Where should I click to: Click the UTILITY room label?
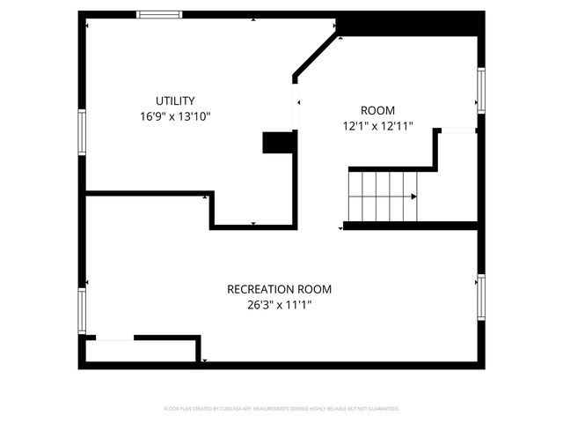tap(175, 100)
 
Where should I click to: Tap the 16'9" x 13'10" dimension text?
tap(175, 115)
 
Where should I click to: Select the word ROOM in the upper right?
tap(378, 110)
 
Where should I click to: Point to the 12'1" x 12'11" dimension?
tap(378, 126)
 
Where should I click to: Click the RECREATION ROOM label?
tap(280, 289)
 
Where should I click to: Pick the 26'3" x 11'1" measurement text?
tap(280, 305)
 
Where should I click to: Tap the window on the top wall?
tap(160, 14)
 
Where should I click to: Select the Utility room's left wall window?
tap(83, 132)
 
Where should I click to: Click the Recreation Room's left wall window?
tap(83, 312)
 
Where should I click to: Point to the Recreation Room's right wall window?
tap(481, 296)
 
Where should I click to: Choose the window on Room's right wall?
tap(481, 90)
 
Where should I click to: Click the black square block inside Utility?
tap(277, 143)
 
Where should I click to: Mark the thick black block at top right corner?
tap(409, 24)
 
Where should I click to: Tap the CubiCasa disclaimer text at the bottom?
tap(281, 409)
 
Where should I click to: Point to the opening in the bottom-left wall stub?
tap(113, 338)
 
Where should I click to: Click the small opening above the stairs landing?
tap(456, 131)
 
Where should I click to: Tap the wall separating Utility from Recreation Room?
tap(147, 194)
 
